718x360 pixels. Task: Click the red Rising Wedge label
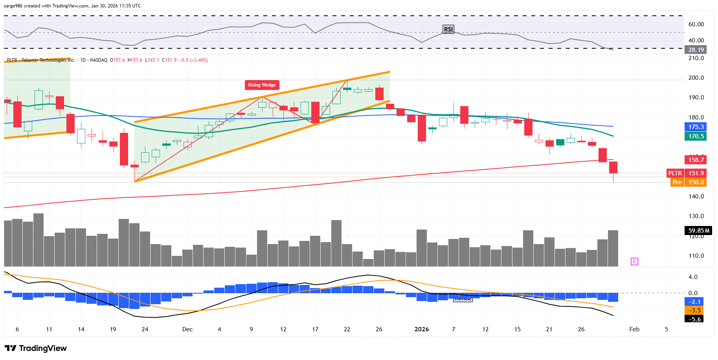pyautogui.click(x=262, y=85)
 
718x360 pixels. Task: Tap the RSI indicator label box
pyautogui.click(x=448, y=29)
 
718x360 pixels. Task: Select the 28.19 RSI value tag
pyautogui.click(x=696, y=50)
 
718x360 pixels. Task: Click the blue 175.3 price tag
pyautogui.click(x=696, y=127)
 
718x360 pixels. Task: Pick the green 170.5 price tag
pyautogui.click(x=696, y=136)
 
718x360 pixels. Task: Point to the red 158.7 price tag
pyautogui.click(x=696, y=160)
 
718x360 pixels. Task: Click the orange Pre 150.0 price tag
pyautogui.click(x=688, y=182)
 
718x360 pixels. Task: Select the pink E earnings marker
pyautogui.click(x=634, y=262)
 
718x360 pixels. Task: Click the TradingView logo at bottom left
pyautogui.click(x=36, y=348)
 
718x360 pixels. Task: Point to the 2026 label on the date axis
pyautogui.click(x=422, y=329)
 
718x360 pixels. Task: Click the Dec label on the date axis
pyautogui.click(x=187, y=329)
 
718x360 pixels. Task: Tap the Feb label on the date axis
pyautogui.click(x=634, y=329)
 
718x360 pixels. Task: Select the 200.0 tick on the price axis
pyautogui.click(x=696, y=78)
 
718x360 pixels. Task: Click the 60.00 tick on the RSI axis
pyautogui.click(x=696, y=24)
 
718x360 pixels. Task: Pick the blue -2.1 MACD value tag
pyautogui.click(x=695, y=302)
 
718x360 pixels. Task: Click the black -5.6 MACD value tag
pyautogui.click(x=695, y=319)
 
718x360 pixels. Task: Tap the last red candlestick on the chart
pyautogui.click(x=613, y=167)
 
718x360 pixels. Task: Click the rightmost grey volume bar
pyautogui.click(x=613, y=248)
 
